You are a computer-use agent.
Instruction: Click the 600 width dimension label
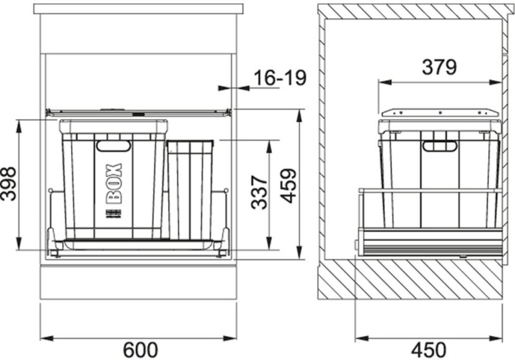(x=140, y=350)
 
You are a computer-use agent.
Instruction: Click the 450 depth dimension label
(x=429, y=350)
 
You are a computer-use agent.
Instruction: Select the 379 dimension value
(x=439, y=67)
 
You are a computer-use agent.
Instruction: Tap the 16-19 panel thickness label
(x=280, y=78)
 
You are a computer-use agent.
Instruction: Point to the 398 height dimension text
(x=8, y=184)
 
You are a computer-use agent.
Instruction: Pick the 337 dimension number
(x=259, y=192)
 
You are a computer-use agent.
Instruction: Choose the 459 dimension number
(x=289, y=186)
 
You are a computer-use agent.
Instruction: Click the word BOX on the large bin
(x=113, y=183)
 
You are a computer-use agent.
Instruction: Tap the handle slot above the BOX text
(x=113, y=146)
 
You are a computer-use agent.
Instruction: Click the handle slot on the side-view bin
(x=440, y=146)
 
